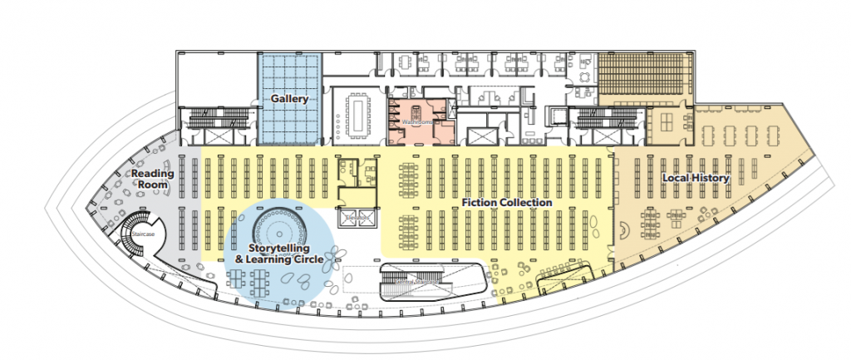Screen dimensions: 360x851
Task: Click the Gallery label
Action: coord(289,99)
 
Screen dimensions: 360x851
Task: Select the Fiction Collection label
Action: coord(507,202)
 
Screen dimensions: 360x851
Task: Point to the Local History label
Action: coord(695,178)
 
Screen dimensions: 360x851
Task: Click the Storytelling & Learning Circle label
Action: coord(278,254)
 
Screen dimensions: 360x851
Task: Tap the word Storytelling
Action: coord(279,249)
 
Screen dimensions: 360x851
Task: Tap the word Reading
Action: coord(153,173)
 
